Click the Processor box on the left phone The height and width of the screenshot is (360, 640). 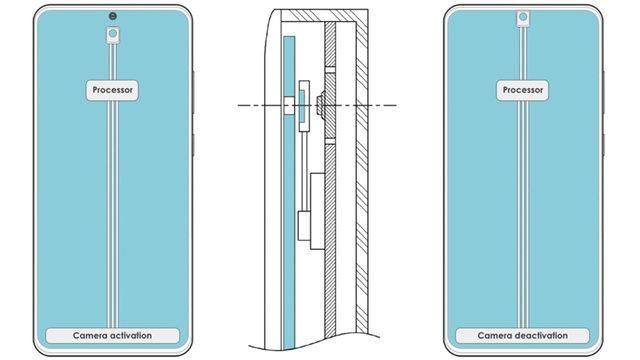coord(112,89)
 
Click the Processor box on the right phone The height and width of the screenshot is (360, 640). coord(522,89)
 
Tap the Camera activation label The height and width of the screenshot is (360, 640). coord(112,335)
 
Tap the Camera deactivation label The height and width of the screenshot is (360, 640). coord(522,335)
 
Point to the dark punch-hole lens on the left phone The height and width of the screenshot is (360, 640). coord(112,14)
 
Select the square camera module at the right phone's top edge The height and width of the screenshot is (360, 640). coord(522,18)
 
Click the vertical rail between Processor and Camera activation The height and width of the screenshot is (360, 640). coord(112,210)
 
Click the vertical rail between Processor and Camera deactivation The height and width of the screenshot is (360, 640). coord(522,210)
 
